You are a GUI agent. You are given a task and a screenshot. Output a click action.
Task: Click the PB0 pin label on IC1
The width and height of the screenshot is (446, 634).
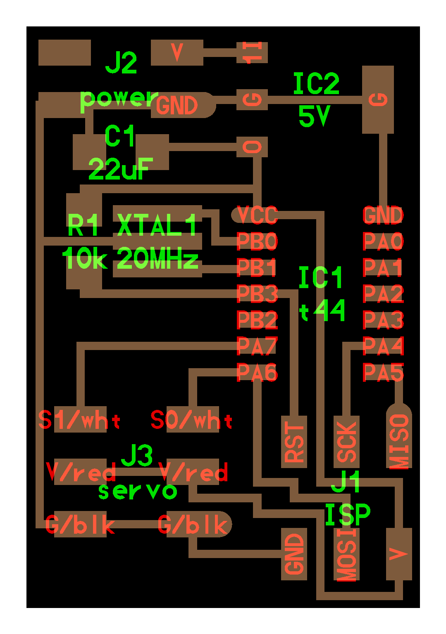(257, 241)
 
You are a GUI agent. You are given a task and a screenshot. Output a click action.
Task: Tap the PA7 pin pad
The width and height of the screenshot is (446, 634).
(257, 346)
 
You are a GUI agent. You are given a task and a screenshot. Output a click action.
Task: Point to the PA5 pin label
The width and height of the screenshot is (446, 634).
(383, 373)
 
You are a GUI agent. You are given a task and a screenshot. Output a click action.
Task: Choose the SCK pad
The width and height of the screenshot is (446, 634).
(347, 442)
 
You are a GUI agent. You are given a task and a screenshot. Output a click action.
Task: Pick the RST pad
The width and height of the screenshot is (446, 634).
(294, 442)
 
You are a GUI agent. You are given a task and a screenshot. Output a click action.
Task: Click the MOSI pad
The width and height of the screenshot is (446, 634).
(347, 554)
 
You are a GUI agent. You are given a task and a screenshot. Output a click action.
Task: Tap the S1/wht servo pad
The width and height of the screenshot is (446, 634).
(80, 420)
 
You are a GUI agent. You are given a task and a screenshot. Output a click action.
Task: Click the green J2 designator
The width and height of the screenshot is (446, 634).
(121, 63)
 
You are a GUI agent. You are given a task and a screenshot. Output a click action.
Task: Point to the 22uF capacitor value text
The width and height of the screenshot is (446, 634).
(120, 169)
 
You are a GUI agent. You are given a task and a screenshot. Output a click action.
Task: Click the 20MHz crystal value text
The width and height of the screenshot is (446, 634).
(157, 260)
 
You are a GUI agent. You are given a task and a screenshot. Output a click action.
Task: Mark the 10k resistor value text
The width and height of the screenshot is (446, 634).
(85, 260)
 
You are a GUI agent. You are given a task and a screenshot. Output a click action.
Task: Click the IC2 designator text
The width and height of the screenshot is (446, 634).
(316, 84)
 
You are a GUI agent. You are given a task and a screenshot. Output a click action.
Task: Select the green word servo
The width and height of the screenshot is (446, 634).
(138, 491)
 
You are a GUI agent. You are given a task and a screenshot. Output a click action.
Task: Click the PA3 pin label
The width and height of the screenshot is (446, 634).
(383, 320)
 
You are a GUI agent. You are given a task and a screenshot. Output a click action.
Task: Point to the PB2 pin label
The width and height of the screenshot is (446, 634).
(257, 320)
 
